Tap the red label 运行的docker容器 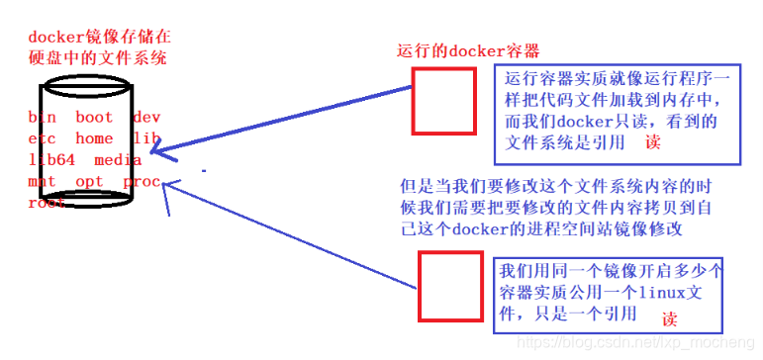[467, 50]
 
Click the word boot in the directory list [93, 117]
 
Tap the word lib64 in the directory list [48, 159]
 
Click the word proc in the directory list [142, 181]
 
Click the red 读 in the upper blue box [652, 142]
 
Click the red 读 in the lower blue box [670, 319]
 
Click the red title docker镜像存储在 [99, 36]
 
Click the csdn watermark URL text [633, 343]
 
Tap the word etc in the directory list [43, 138]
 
